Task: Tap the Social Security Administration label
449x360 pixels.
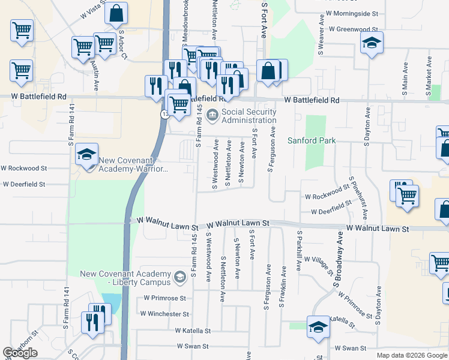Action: pos(249,116)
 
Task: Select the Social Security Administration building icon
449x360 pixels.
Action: pos(212,115)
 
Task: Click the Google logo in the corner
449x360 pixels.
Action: pos(20,353)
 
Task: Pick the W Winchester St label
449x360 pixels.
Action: pos(164,313)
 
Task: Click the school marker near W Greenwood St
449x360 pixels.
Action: pos(372,43)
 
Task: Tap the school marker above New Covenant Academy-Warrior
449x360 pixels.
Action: pos(87,154)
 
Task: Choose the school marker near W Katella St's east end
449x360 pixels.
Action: pos(318,326)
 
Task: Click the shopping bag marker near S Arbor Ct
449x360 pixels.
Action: pos(116,13)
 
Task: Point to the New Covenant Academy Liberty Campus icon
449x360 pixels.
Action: pos(179,277)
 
